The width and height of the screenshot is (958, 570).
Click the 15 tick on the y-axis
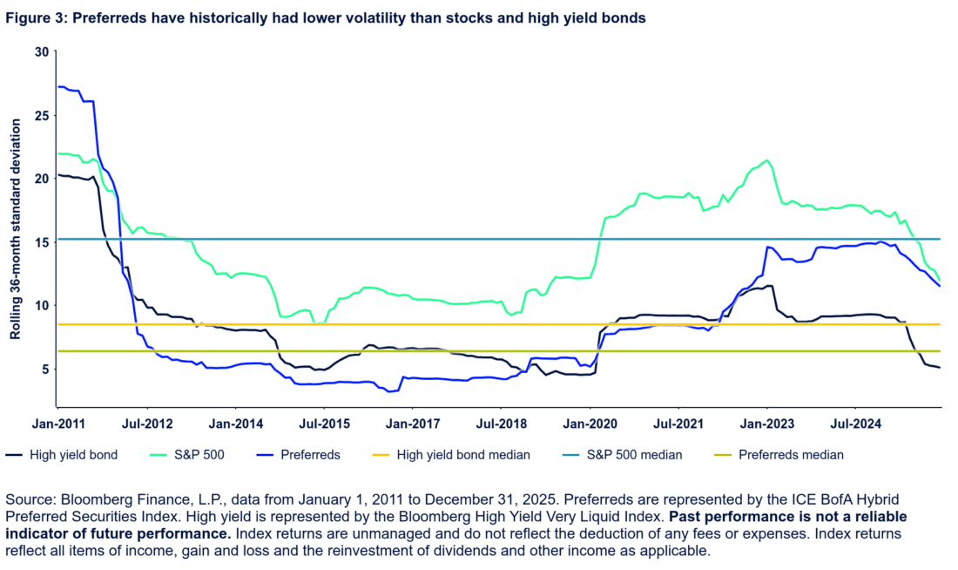(40, 241)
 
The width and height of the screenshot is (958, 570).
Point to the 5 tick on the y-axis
(43, 368)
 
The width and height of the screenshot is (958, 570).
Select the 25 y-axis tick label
(40, 114)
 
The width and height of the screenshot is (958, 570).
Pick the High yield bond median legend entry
(462, 454)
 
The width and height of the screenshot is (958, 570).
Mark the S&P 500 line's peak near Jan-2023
(766, 159)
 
